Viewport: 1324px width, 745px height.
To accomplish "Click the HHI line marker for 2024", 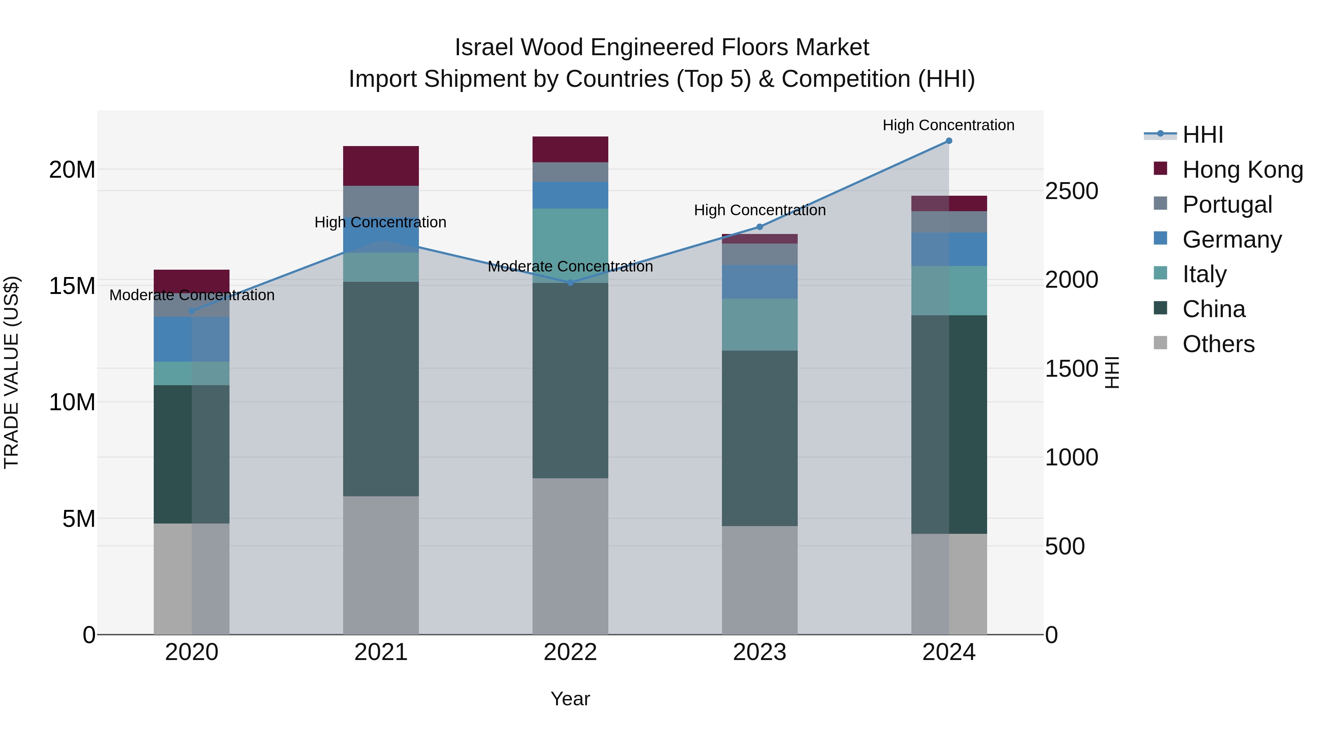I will (x=949, y=141).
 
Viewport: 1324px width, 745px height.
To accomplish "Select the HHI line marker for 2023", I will (x=760, y=227).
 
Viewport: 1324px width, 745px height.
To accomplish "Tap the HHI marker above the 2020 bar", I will (x=192, y=311).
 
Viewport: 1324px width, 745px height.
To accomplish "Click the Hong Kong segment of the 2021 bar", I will (x=381, y=166).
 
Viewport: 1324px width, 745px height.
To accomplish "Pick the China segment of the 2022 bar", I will (x=570, y=380).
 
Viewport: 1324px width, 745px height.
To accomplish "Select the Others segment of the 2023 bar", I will (x=760, y=580).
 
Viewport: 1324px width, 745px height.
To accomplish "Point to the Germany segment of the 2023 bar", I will (x=760, y=282).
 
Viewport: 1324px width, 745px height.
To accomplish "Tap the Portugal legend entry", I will (x=1227, y=205).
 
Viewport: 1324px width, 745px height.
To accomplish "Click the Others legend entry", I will (x=1218, y=344).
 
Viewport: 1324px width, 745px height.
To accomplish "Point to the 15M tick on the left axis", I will (x=72, y=286).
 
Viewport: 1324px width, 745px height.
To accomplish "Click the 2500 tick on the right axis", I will (x=1072, y=191).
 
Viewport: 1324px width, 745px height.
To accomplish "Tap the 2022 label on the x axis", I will (x=570, y=652).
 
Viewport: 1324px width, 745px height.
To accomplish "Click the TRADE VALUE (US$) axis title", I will (x=11, y=372).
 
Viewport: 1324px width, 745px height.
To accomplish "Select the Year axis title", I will (x=570, y=699).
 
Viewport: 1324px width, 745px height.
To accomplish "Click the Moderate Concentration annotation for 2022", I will (x=570, y=266).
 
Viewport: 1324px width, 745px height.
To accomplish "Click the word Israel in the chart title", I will (x=484, y=47).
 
